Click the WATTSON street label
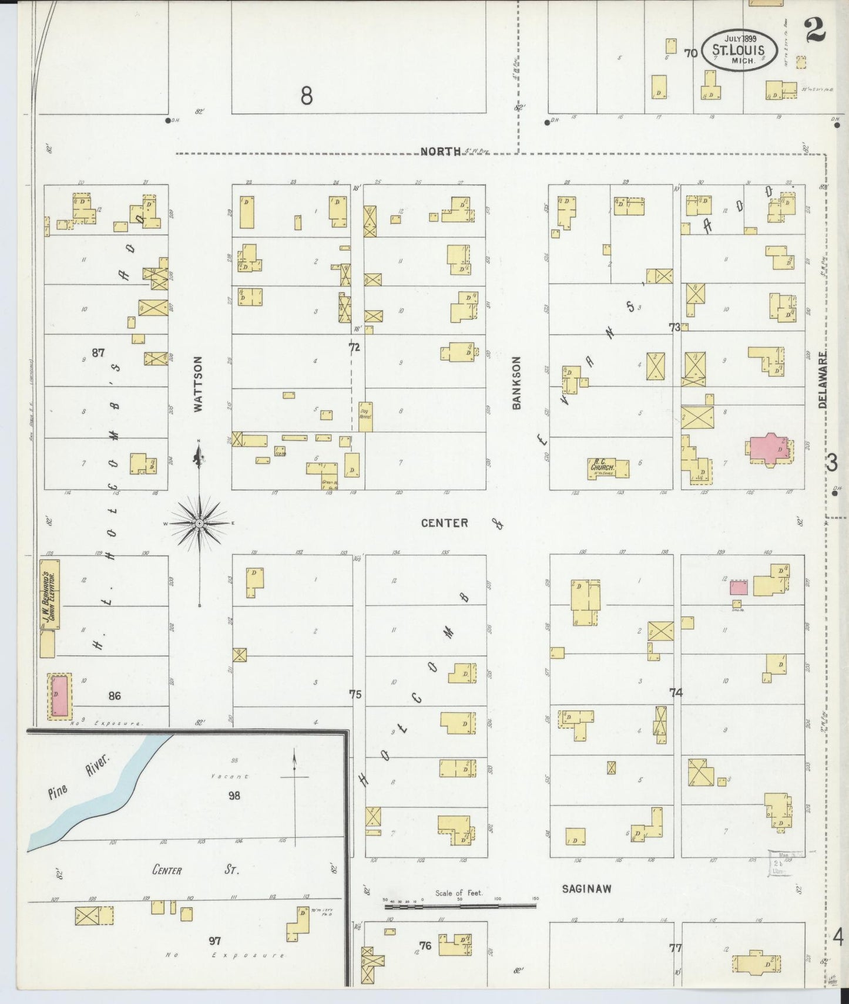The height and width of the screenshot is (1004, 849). (x=198, y=383)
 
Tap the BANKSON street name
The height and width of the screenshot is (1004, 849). (x=516, y=382)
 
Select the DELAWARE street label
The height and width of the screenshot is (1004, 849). (x=822, y=380)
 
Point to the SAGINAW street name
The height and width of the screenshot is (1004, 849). (x=586, y=889)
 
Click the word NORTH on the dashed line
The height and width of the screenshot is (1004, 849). (x=441, y=151)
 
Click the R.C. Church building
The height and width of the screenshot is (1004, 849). (x=608, y=468)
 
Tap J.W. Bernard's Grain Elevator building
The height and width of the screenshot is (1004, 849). (x=49, y=594)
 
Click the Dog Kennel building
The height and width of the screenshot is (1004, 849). (x=365, y=417)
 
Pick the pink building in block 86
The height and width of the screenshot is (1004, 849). (x=59, y=696)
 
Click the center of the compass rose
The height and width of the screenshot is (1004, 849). (x=199, y=523)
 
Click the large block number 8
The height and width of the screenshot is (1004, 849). (x=306, y=95)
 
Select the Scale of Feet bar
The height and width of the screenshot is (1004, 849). (x=460, y=906)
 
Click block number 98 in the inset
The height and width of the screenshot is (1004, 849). (x=234, y=796)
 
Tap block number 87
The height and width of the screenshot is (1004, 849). (x=98, y=353)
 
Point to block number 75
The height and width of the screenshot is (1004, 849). (x=355, y=695)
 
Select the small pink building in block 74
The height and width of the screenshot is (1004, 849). (x=739, y=588)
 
